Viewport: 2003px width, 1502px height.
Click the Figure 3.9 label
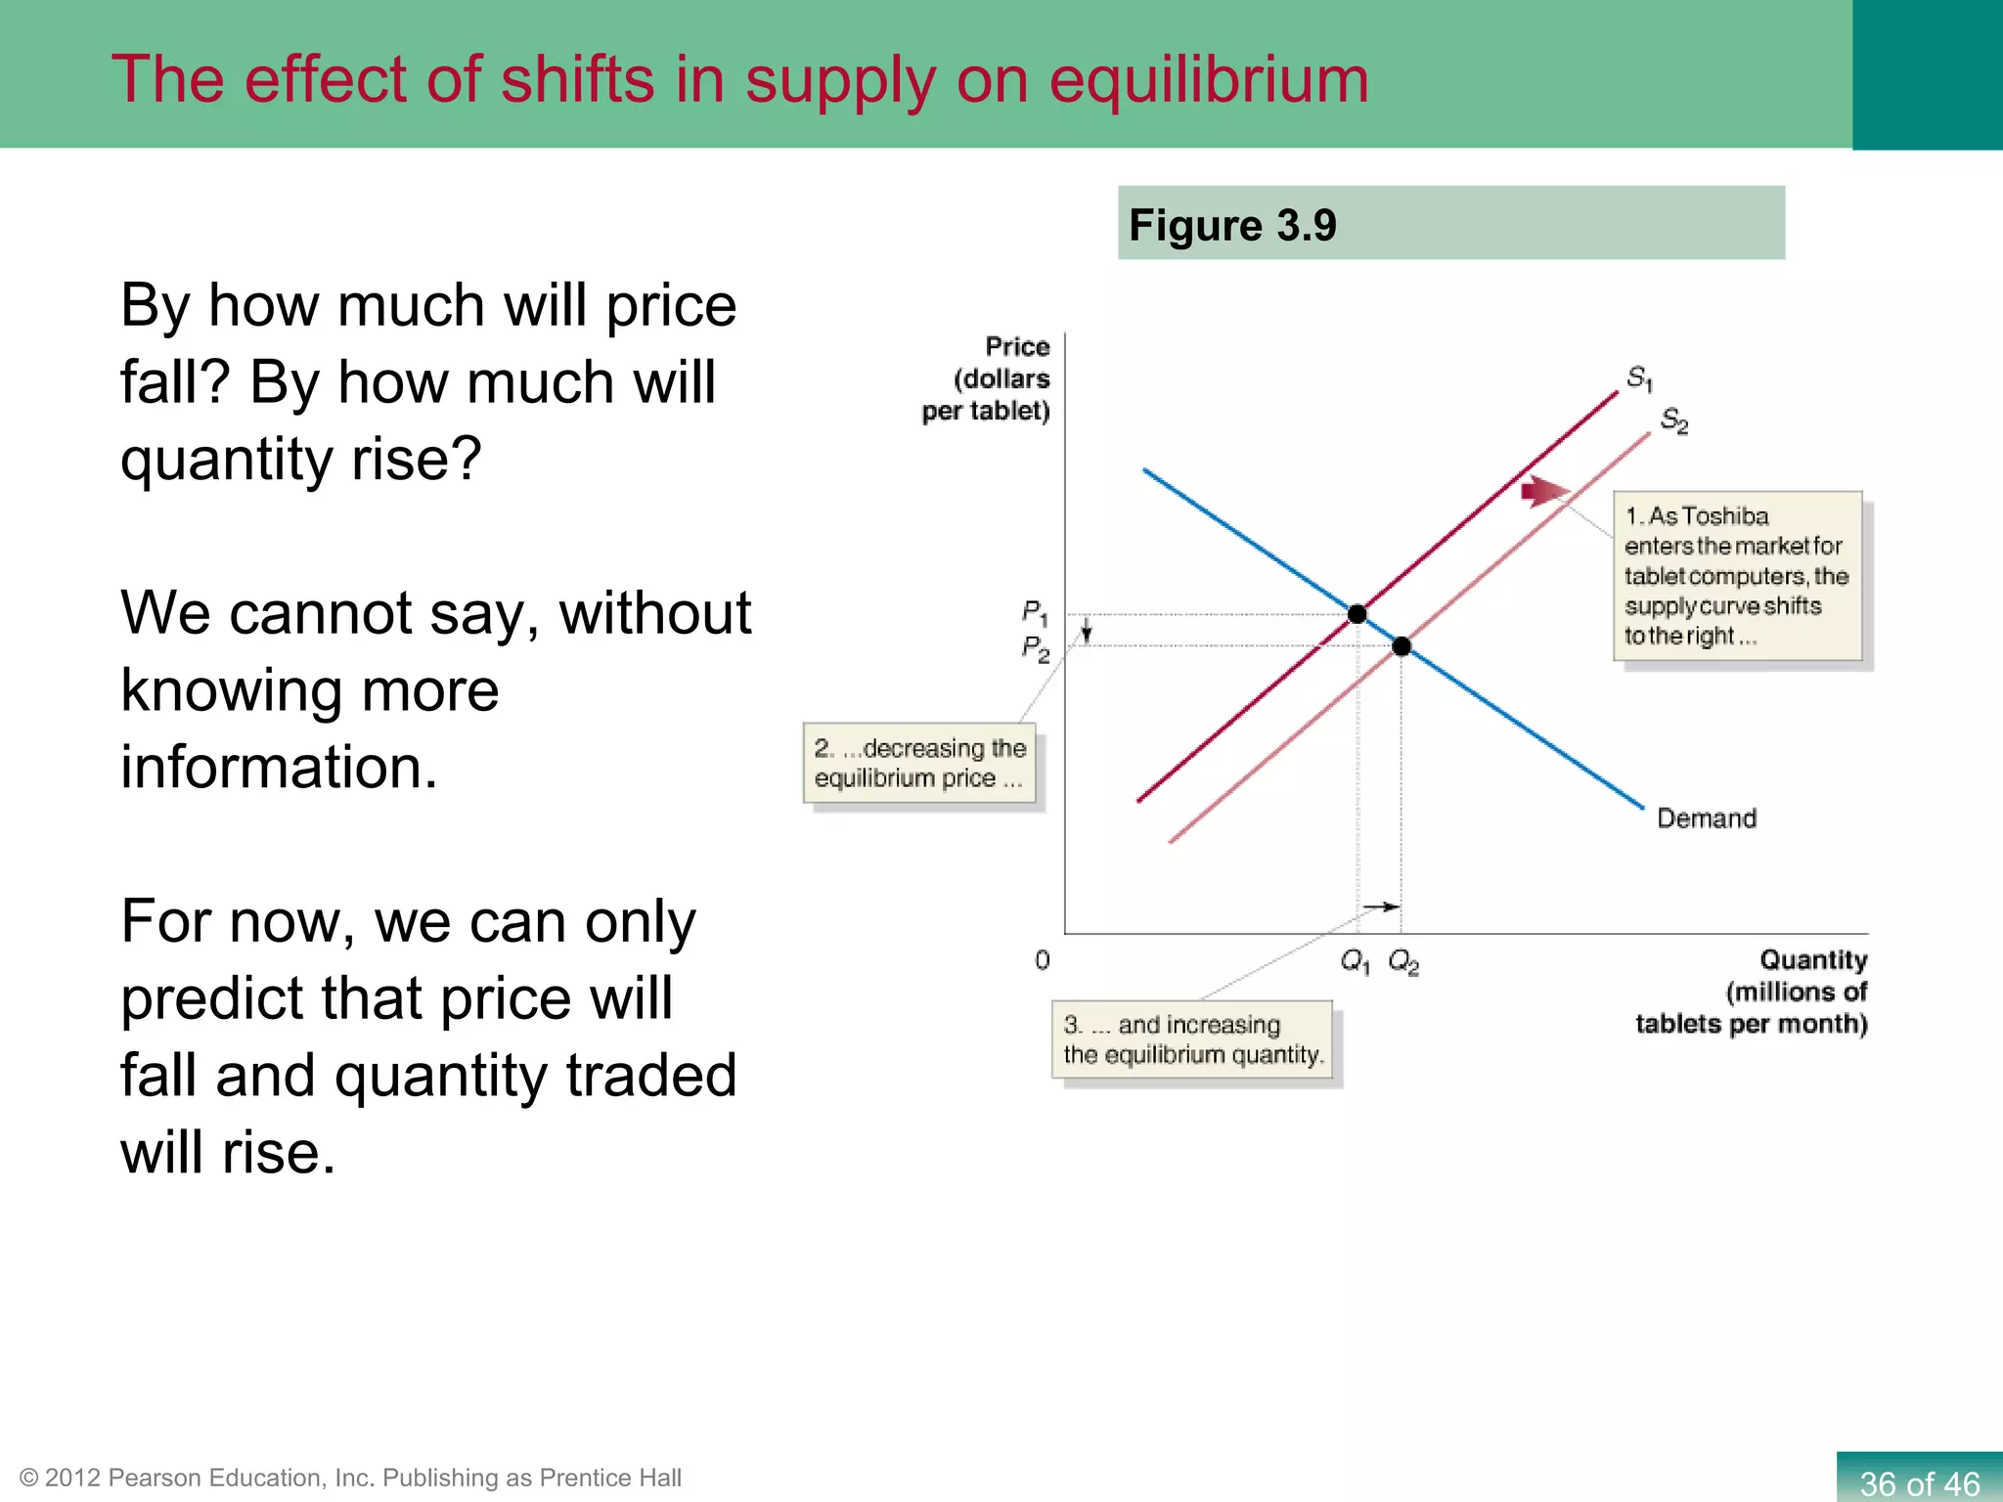pos(1232,226)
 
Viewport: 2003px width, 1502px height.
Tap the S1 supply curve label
pos(1639,377)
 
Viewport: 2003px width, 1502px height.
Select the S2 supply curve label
pos(1673,420)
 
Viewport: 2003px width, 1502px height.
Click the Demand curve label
pos(1706,818)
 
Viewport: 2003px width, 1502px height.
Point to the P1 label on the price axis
pos(1035,613)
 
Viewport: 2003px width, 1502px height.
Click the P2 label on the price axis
pos(1035,648)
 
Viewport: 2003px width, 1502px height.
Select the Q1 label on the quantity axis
pos(1355,962)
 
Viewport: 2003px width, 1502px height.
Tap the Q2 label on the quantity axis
pos(1403,962)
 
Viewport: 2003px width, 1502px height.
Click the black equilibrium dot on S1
pos(1357,614)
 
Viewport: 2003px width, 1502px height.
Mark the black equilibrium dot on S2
pos(1402,646)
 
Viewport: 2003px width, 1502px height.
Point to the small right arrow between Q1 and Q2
pos(1381,907)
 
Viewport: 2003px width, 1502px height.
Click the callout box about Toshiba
pos(1737,576)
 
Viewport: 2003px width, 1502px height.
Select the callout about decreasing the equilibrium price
pos(919,763)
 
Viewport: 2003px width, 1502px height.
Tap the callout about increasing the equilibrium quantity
pos(1192,1039)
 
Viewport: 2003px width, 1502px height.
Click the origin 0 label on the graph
pos(1042,960)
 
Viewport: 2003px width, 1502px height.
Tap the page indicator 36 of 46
pos(1919,1482)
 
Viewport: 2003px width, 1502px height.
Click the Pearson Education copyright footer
pos(350,1478)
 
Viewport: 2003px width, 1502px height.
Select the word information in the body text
pos(279,768)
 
